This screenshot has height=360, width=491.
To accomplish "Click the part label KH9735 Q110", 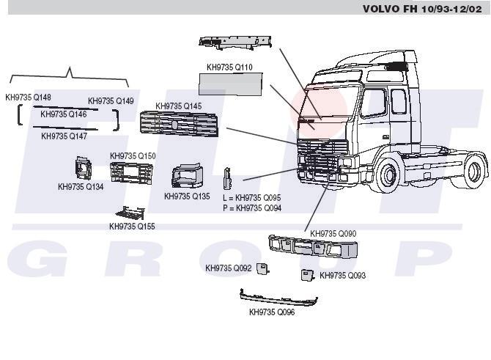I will [x=229, y=67].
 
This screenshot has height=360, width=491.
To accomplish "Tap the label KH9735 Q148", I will [x=29, y=98].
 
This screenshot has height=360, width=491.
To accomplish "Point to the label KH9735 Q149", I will [x=111, y=101].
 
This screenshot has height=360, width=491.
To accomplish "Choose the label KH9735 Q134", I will [x=81, y=187].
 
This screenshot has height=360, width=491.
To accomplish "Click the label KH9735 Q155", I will [x=132, y=227].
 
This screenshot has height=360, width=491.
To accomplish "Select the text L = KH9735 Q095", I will [x=252, y=198].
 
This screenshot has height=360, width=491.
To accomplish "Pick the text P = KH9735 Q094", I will [x=252, y=208].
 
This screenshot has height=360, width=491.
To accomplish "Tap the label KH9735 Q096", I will [x=272, y=312].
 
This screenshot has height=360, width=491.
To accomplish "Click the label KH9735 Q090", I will [x=333, y=234].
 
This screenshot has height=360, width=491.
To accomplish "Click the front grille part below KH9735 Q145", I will [x=180, y=125].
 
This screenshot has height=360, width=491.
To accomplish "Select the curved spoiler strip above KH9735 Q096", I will [x=278, y=298].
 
